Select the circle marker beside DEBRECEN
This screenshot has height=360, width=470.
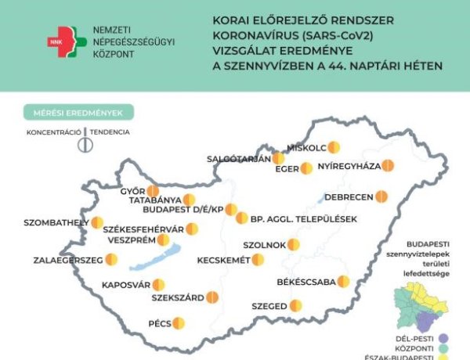click(x=381, y=196)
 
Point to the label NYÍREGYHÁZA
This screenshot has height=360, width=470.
click(x=349, y=166)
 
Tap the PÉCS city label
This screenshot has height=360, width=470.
click(x=161, y=323)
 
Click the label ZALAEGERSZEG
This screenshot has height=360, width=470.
click(x=69, y=260)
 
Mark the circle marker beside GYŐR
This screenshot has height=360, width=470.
click(x=153, y=191)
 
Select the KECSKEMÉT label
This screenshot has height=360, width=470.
click(x=223, y=260)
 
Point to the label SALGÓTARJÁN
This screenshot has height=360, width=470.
click(x=238, y=159)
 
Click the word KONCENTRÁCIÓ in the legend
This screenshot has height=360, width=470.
click(x=54, y=132)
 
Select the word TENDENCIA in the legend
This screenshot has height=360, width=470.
click(x=109, y=132)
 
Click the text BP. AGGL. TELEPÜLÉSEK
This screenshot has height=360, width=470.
click(x=302, y=218)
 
